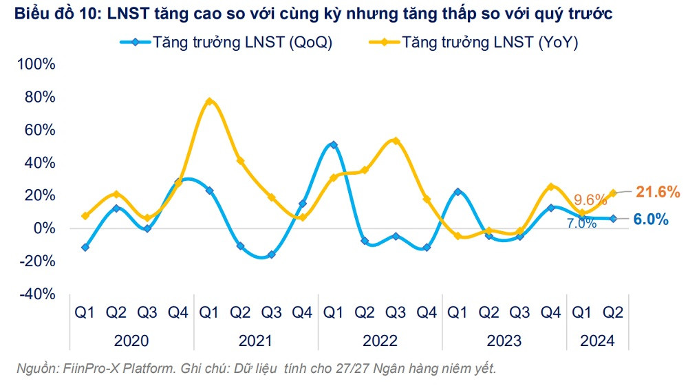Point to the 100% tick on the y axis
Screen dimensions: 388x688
(x=35, y=65)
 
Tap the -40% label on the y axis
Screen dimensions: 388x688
(x=35, y=294)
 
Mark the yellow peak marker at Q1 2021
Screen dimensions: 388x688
(x=210, y=102)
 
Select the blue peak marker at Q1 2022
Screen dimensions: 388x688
(x=334, y=145)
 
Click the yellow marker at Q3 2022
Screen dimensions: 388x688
(x=396, y=141)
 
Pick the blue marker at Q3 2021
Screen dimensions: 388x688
(x=272, y=255)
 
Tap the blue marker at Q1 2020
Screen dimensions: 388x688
(x=85, y=247)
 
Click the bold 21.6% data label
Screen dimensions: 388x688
(x=656, y=191)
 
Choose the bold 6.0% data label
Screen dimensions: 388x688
(x=650, y=219)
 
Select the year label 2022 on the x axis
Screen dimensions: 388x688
(x=380, y=341)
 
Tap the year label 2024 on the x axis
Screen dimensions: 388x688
(x=597, y=341)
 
